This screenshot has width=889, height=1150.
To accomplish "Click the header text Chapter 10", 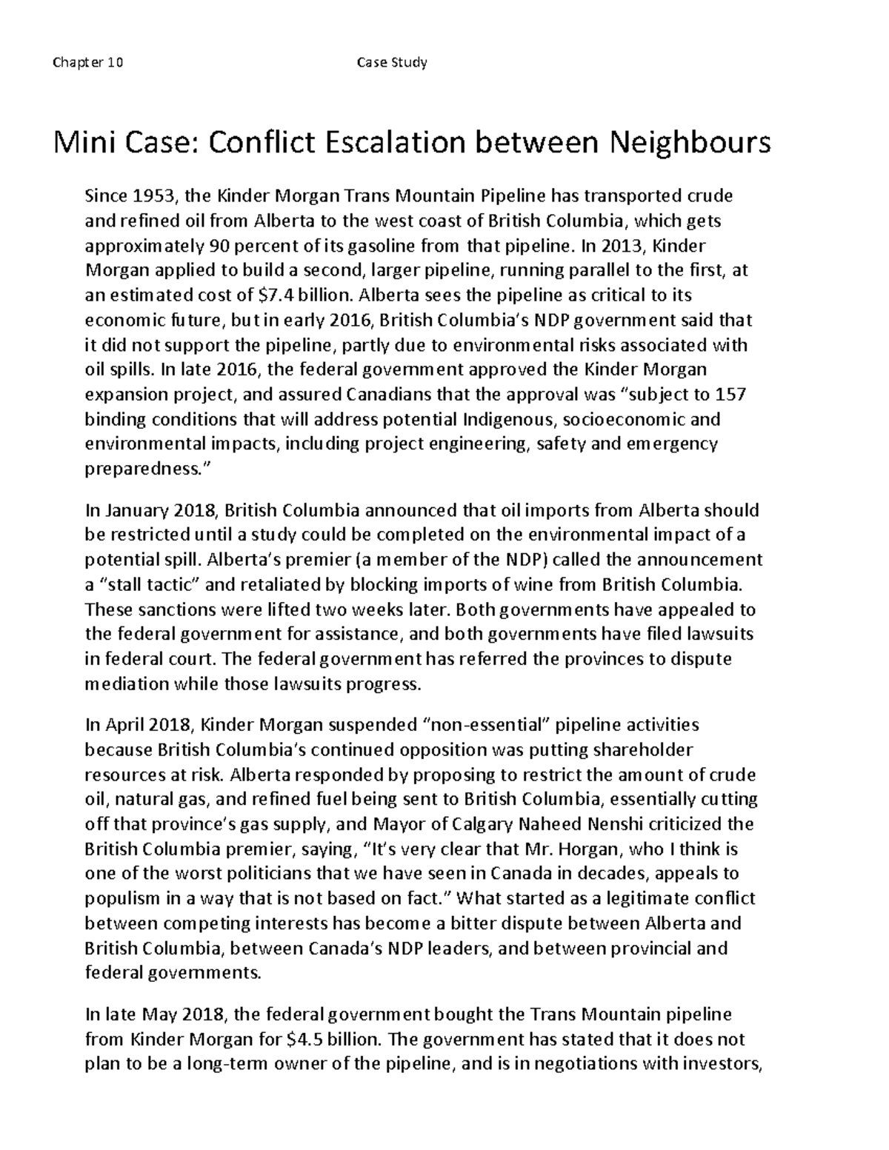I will pos(88,62).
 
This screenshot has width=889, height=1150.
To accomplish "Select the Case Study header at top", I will pos(392,62).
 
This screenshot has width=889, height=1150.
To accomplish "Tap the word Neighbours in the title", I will pos(690,141).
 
